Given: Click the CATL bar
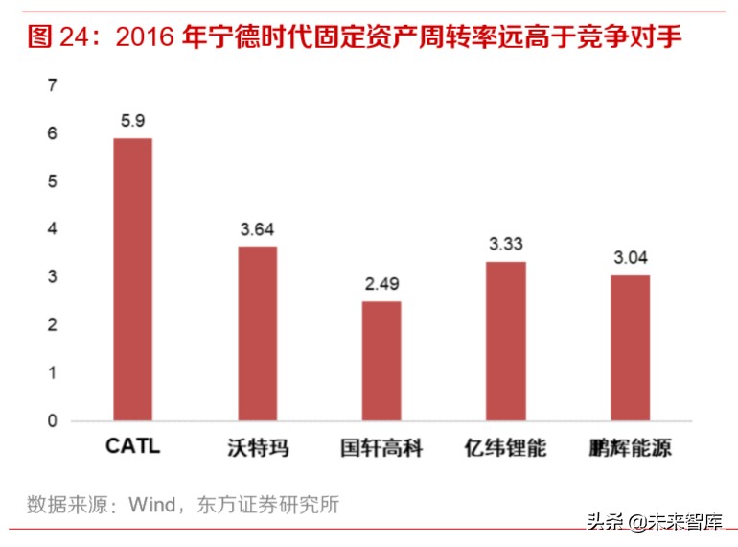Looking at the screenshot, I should pyautogui.click(x=132, y=279).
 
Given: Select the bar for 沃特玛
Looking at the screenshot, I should pyautogui.click(x=258, y=333).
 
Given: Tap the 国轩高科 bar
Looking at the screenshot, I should pyautogui.click(x=381, y=361).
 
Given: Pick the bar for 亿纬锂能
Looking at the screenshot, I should pyautogui.click(x=506, y=341).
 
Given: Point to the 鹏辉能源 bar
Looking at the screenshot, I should pyautogui.click(x=630, y=347).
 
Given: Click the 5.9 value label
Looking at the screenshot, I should pyautogui.click(x=132, y=121).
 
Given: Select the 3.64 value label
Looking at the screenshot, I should pyautogui.click(x=258, y=229).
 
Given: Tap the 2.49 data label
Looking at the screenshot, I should pyautogui.click(x=381, y=284).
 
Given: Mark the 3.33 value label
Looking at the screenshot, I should pyautogui.click(x=506, y=244).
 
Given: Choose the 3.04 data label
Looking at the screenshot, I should pyautogui.click(x=630, y=258).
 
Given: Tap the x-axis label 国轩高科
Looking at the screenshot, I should pyautogui.click(x=381, y=447).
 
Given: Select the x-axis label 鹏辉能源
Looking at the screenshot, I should pyautogui.click(x=630, y=447).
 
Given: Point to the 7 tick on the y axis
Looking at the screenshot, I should pyautogui.click(x=53, y=86).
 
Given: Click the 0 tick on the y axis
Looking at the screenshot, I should pyautogui.click(x=53, y=421).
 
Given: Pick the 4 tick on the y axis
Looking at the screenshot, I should pyautogui.click(x=53, y=229).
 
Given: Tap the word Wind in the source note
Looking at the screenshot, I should pyautogui.click(x=150, y=504).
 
